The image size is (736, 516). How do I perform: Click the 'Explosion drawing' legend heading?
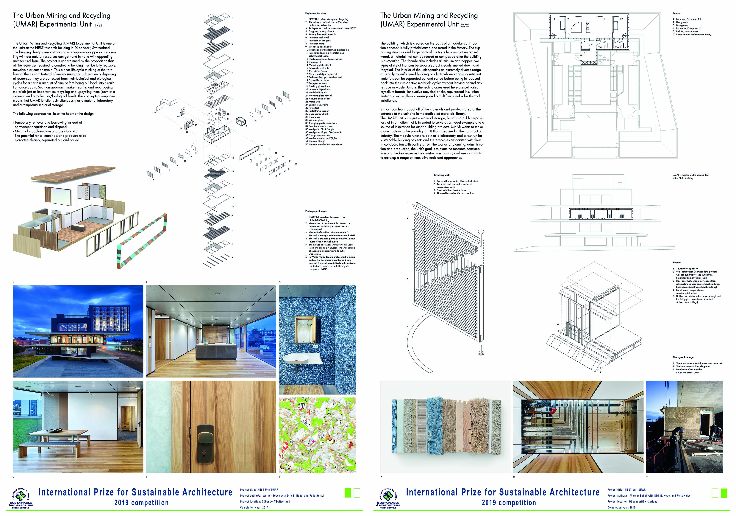(315, 13)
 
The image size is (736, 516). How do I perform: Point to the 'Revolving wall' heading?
(441, 175)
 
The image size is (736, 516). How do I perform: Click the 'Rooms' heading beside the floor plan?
(676, 13)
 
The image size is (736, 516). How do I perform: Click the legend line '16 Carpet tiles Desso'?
(318, 71)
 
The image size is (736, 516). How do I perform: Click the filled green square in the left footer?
(348, 493)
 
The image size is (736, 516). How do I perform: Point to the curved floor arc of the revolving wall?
(417, 346)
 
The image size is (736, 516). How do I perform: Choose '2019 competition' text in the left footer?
(141, 503)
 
